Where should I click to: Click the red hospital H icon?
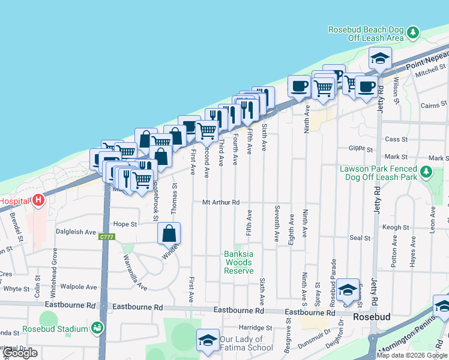coord(39,200)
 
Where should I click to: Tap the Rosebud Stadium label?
coord(55,329)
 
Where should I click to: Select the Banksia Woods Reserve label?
coord(238,262)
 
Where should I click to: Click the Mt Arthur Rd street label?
coord(221,203)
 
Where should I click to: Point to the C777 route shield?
coord(107,238)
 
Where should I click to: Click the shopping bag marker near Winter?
coord(169,233)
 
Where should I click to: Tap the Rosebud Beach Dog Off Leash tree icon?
coord(412,32)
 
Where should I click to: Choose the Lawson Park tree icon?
coord(426,173)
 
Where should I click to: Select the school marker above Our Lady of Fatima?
coord(208,341)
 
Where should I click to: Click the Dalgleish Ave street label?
coord(76,232)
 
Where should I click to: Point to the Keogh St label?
coord(396,227)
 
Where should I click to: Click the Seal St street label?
coord(360,238)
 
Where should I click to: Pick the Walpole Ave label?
coord(79,287)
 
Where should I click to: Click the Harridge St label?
coord(255,328)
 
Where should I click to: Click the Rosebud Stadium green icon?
coord(97,328)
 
